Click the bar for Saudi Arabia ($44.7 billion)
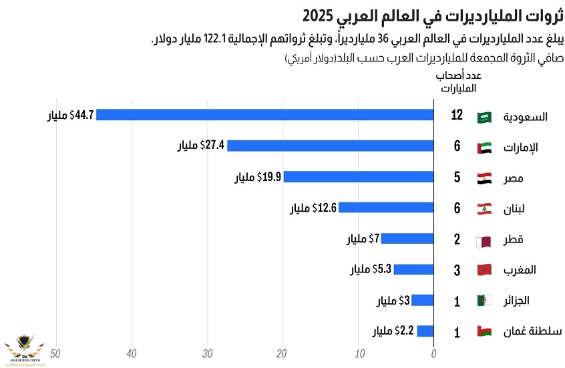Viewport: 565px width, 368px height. click(x=265, y=115)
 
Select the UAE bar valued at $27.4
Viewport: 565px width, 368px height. click(x=331, y=146)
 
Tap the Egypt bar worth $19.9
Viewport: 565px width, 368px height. click(x=359, y=177)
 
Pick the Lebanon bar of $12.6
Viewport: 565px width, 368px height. click(x=386, y=208)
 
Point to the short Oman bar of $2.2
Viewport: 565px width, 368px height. click(x=425, y=331)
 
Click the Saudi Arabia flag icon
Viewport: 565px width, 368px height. click(x=484, y=117)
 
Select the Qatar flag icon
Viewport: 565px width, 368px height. click(x=484, y=240)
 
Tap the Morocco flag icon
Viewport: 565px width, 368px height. click(x=484, y=270)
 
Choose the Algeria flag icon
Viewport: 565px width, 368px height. click(x=484, y=301)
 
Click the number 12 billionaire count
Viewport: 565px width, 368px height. click(x=457, y=116)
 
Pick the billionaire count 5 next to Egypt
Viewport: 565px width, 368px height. click(x=457, y=178)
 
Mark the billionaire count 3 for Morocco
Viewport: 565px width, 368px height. click(x=457, y=270)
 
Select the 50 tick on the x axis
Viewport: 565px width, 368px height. click(x=56, y=353)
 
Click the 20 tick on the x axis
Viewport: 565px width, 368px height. click(x=282, y=353)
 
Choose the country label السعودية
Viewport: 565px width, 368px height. click(x=526, y=117)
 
